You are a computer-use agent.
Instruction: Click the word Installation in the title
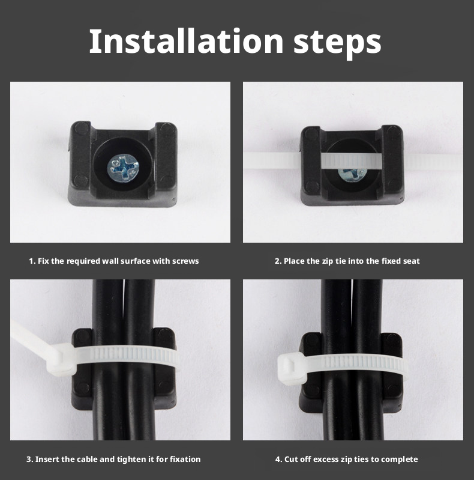tap(186, 41)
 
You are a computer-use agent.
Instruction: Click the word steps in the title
tap(337, 43)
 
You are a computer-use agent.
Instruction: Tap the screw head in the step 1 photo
tap(123, 168)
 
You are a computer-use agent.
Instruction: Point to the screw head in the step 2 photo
tap(352, 174)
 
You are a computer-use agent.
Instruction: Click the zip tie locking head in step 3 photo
tap(61, 359)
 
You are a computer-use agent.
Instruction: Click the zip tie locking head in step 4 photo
tap(292, 369)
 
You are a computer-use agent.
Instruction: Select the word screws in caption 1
tap(185, 261)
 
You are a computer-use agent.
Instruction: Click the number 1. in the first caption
tap(32, 261)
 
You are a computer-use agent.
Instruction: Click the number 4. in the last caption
tap(278, 460)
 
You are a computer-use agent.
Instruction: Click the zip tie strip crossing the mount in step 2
tap(353, 161)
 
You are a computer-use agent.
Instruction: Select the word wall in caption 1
tap(110, 261)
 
